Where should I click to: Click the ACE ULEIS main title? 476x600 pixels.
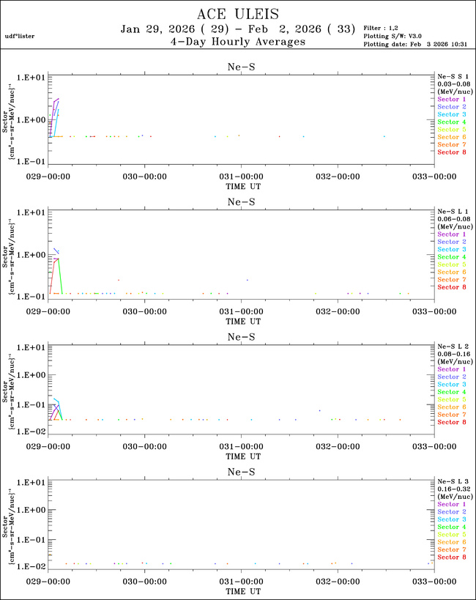click(238, 15)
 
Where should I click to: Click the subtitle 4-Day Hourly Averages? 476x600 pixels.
click(238, 42)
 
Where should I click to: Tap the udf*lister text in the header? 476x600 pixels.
click(20, 36)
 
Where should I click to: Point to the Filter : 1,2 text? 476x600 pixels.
click(382, 28)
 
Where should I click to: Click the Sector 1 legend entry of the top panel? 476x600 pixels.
click(451, 99)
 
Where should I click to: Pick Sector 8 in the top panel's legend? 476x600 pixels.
click(451, 152)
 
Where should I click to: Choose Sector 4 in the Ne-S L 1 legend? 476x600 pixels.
click(451, 257)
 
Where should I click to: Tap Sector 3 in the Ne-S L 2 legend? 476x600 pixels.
click(451, 385)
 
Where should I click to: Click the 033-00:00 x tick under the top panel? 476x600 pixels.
click(434, 176)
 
